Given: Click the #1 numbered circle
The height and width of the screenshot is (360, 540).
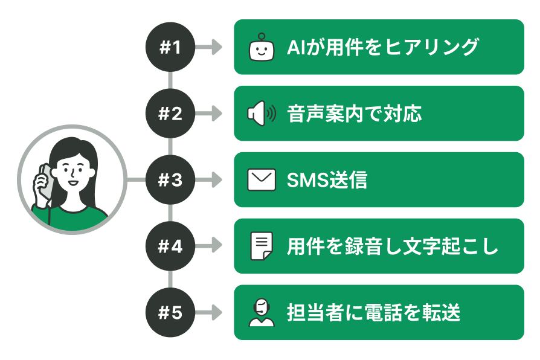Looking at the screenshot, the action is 170,47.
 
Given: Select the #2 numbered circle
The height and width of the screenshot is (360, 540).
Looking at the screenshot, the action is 170,114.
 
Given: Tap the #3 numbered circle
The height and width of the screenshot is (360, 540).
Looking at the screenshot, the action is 170,180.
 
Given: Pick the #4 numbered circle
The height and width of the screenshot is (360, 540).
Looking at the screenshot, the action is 170,246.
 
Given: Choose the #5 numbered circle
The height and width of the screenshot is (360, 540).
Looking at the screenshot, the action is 170,312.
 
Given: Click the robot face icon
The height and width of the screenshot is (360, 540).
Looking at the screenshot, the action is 262,47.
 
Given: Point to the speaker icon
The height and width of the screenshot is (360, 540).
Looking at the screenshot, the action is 262,114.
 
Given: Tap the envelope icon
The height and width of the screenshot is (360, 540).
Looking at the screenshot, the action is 262,180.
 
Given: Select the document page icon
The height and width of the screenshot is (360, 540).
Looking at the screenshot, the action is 262,246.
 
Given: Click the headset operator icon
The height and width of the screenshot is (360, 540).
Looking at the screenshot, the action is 262,312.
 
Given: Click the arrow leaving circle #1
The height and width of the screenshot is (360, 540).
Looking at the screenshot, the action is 209,47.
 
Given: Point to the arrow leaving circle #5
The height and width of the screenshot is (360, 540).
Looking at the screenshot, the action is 209,312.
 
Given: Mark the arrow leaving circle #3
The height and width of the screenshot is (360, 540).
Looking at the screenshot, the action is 209,180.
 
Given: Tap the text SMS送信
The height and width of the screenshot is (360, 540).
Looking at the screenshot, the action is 327,180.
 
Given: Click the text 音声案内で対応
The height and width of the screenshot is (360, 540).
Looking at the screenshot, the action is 355,114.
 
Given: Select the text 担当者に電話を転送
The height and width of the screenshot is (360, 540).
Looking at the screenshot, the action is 374,312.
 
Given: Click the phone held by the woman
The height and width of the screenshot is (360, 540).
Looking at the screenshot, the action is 46,182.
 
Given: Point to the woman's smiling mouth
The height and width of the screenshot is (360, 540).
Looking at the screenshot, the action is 72,182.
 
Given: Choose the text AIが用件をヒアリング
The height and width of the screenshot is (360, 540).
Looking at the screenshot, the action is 383,47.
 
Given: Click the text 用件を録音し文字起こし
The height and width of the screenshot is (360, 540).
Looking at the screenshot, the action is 393,246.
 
